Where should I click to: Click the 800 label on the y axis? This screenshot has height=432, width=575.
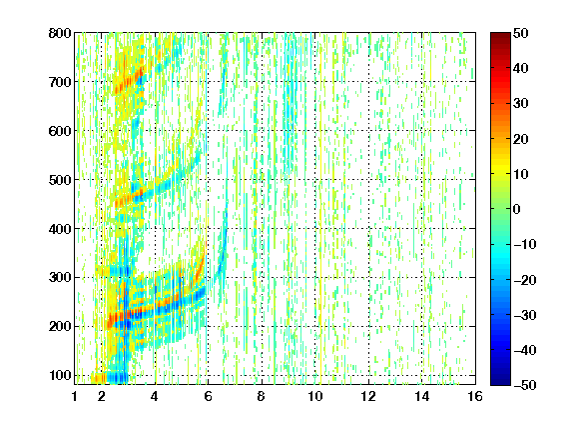click(60, 33)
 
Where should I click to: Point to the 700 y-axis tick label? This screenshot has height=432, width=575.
click(60, 82)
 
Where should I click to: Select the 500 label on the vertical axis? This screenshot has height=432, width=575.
click(60, 180)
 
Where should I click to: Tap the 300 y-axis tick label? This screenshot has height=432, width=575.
click(60, 277)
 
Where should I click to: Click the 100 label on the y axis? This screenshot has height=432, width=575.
click(60, 375)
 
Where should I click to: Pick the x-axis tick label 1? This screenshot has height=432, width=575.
click(75, 396)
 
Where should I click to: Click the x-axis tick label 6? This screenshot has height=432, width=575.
click(208, 396)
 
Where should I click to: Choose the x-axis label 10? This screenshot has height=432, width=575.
click(314, 396)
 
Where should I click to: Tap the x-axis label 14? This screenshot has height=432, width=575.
click(421, 396)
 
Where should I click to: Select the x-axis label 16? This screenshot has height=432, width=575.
click(475, 396)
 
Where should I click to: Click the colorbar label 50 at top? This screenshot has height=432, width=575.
click(520, 33)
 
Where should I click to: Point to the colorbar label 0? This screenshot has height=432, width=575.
click(517, 209)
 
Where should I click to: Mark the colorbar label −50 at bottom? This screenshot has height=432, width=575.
click(525, 385)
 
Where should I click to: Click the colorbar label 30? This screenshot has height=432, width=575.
click(520, 103)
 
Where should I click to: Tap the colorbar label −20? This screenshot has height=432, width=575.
click(525, 280)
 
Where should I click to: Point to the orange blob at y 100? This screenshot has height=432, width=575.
click(98, 378)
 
